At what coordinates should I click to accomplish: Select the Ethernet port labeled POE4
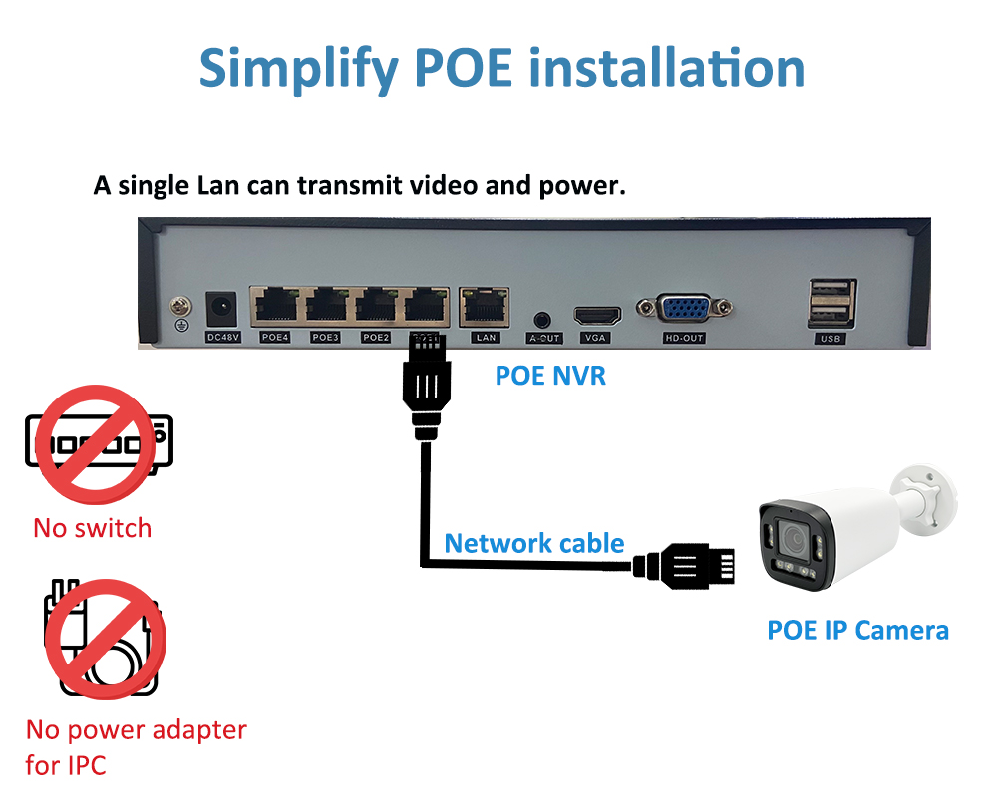pos(274,305)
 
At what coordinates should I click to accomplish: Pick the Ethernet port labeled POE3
pos(326,305)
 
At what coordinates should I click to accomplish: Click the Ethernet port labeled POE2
pos(377,305)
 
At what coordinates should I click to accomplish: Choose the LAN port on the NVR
pos(485,305)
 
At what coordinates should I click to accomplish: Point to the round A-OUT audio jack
pos(543,320)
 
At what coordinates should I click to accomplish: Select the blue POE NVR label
pos(550,376)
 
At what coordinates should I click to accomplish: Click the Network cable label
pos(534,544)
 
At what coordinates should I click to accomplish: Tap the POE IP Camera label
pos(857,630)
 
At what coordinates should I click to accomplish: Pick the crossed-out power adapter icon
pos(105,639)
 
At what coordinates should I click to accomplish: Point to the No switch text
pos(92,527)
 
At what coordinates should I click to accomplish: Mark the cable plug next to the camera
pos(698,567)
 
